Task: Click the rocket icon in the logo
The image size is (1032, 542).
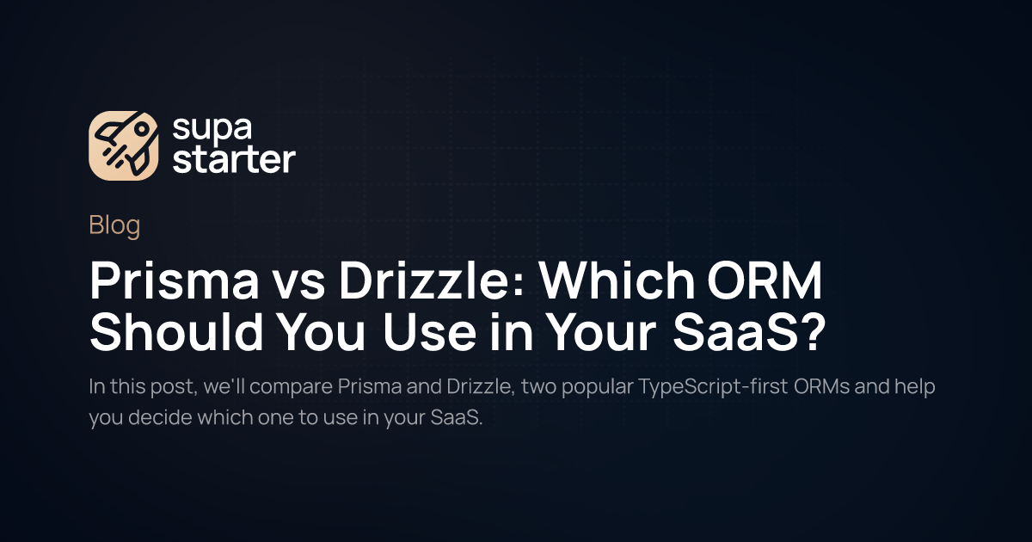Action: pos(124,145)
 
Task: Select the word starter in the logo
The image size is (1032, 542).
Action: pos(233,160)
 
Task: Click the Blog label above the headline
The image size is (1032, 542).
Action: pos(114,226)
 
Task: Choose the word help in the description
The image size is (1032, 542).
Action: pos(915,386)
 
